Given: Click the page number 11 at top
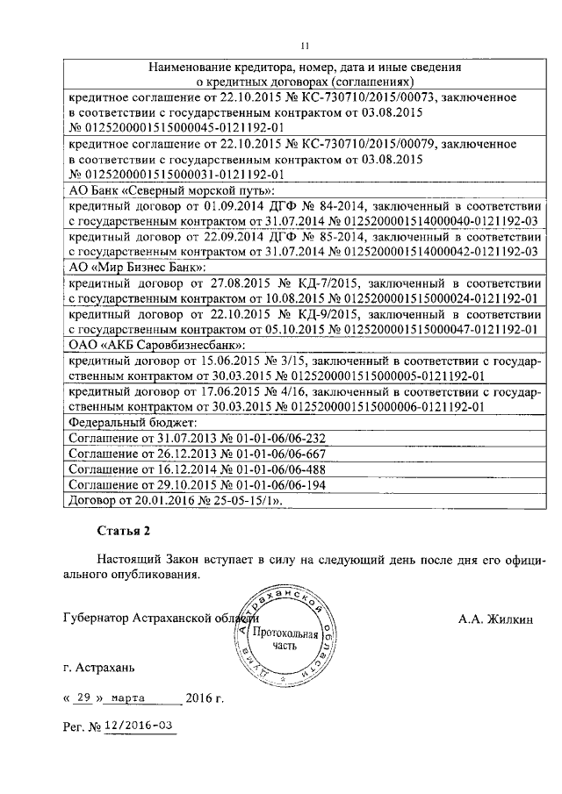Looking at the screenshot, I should [304, 46].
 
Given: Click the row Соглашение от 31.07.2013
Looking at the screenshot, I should [197, 439].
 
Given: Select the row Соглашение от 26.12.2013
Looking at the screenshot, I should [197, 454].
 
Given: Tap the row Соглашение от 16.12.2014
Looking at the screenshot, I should [197, 470].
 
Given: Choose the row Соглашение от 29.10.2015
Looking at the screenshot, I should [197, 486].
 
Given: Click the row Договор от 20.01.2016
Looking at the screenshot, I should [179, 502].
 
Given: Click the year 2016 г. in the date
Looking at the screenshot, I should [205, 699].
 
